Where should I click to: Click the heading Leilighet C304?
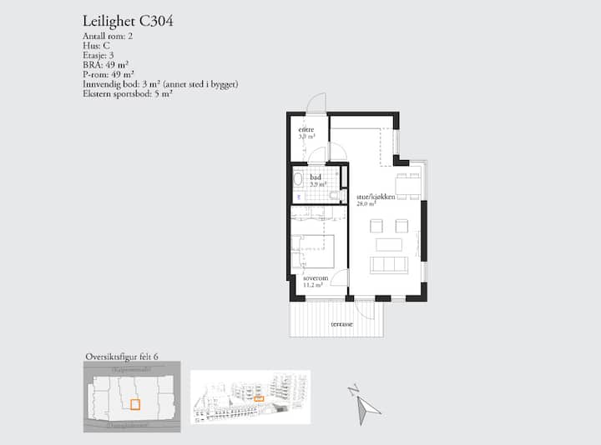click(x=129, y=21)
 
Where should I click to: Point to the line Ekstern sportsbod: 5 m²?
click(x=128, y=93)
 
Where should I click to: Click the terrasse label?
click(x=341, y=323)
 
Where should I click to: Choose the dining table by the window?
click(x=407, y=185)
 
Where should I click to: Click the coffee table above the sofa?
click(x=389, y=244)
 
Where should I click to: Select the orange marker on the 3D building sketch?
click(x=259, y=399)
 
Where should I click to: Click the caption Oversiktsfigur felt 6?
click(x=121, y=357)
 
